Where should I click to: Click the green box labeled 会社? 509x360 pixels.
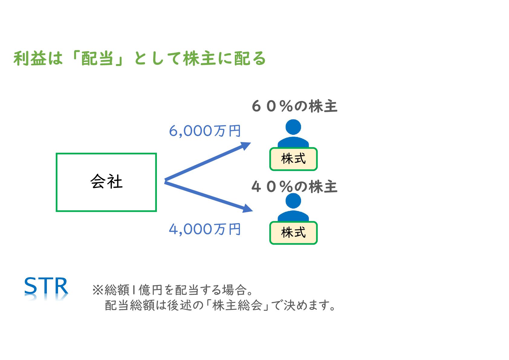106,182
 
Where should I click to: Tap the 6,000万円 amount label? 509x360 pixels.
205,131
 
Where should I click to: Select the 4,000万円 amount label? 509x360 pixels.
205,229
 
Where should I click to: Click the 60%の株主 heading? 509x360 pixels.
294,106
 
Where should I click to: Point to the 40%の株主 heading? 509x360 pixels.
294,186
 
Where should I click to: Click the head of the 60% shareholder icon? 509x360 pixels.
293,127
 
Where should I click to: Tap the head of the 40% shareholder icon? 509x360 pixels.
293,201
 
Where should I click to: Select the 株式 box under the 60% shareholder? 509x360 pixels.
293,159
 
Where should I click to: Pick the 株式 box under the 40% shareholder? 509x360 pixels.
293,233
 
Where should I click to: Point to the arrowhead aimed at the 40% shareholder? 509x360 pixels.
248,208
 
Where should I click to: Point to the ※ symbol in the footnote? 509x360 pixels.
98,290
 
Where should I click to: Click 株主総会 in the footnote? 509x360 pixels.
237,305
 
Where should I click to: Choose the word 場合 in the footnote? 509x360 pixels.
234,290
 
